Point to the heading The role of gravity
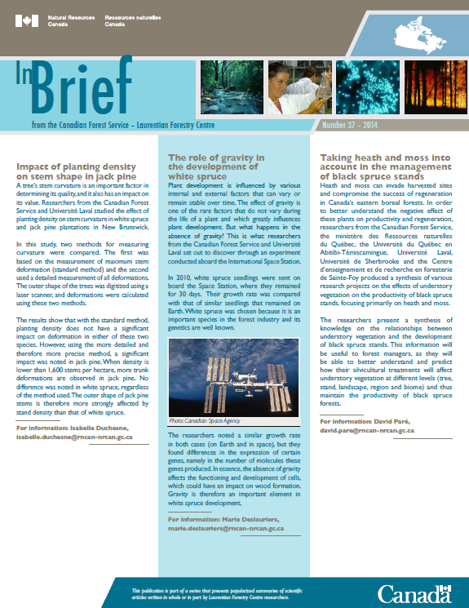click(216, 165)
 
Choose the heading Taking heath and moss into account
click(376, 165)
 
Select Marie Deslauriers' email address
click(227, 529)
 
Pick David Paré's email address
click(366, 429)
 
